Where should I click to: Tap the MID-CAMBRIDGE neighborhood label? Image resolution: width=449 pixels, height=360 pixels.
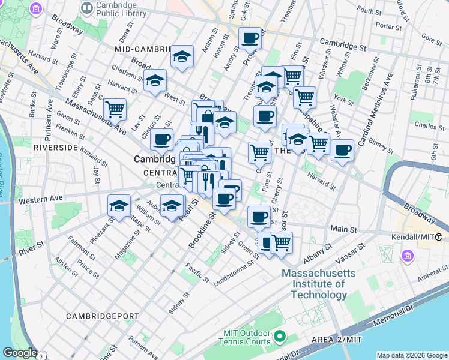(140, 49)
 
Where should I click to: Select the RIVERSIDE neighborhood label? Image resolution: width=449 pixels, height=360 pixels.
(57, 147)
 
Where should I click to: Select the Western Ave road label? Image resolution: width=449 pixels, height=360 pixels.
(41, 199)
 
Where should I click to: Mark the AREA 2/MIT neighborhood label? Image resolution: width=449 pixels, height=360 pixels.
(336, 340)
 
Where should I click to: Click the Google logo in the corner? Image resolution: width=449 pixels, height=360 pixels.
(20, 353)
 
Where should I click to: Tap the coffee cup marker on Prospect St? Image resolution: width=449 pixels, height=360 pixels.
(250, 38)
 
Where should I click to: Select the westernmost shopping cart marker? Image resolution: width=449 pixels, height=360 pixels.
(115, 109)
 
